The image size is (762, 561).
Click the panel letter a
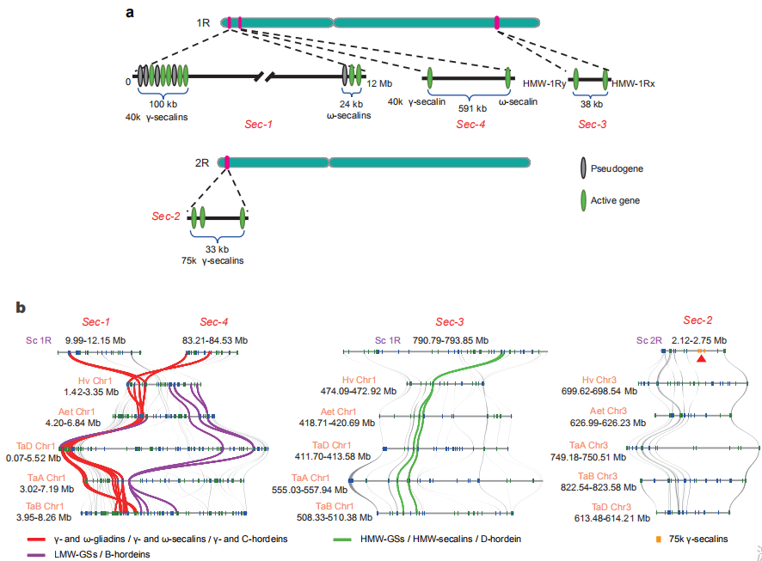(130, 12)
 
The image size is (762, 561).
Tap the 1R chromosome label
(204, 21)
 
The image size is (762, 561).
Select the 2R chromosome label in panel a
(203, 161)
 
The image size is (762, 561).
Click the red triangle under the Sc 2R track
(702, 359)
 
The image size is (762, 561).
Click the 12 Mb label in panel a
(379, 84)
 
